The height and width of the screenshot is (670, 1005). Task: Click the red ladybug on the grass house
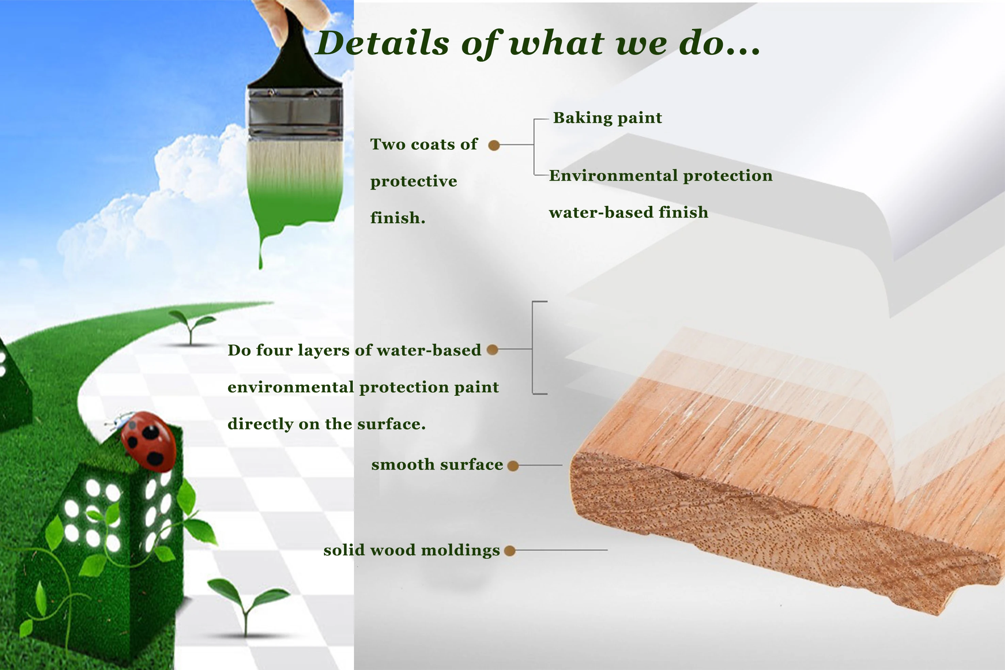148,441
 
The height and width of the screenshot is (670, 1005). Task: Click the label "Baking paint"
607,118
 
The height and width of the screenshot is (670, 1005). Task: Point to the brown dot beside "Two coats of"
494,145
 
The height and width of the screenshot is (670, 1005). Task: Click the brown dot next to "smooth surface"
513,466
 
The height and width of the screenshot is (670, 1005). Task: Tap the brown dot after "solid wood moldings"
510,551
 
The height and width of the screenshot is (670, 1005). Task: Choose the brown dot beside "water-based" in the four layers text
492,349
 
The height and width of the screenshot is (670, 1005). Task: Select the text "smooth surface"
437,464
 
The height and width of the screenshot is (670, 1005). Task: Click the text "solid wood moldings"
411,550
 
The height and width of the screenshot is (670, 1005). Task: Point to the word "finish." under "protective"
398,217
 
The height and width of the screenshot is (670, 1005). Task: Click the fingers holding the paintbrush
295,13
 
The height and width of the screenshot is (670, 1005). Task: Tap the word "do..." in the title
719,43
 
